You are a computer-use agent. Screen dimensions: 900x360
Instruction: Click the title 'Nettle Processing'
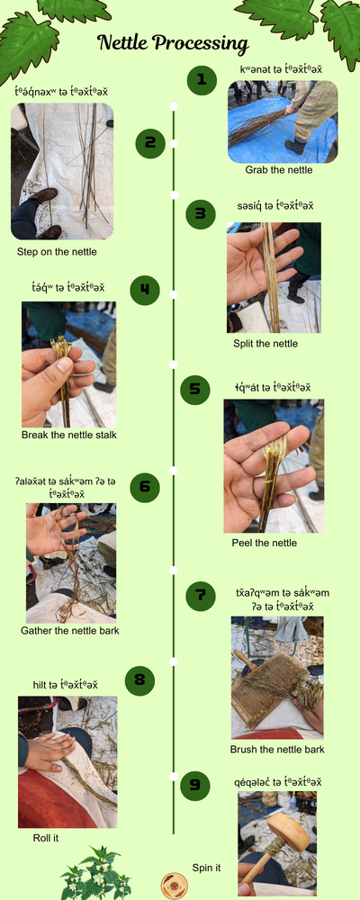173,43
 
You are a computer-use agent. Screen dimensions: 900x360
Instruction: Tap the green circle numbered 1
202,80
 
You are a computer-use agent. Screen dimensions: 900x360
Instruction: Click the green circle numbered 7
201,595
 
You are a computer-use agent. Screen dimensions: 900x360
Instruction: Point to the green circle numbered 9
194,784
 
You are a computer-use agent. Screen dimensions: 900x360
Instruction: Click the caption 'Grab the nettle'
280,170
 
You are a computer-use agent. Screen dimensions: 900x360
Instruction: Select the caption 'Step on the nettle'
56,252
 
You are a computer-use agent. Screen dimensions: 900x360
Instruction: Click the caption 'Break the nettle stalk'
69,436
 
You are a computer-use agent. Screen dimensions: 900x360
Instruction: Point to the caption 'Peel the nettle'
265,543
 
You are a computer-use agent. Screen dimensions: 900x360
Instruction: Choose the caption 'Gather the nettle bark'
70,630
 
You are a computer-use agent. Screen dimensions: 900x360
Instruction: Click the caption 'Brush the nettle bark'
277,749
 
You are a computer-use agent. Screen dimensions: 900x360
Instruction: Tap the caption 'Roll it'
46,837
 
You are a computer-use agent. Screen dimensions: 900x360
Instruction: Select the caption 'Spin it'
206,868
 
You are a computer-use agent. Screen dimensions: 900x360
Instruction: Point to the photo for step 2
62,171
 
